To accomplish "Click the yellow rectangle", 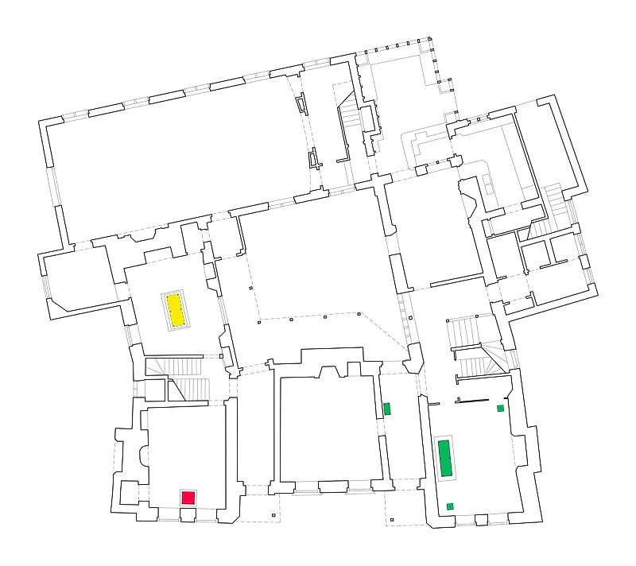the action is coord(176,310).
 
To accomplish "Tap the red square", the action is coord(188,498).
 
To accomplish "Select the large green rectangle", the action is coord(446,457).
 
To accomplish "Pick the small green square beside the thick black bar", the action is coord(500,408).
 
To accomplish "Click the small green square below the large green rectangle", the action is coord(450,506).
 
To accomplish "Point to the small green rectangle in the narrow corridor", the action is coord(387,409).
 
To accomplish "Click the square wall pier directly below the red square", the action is coord(188,514).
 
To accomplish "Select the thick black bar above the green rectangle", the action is coord(471,401).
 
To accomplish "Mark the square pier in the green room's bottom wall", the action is coord(480,519).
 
